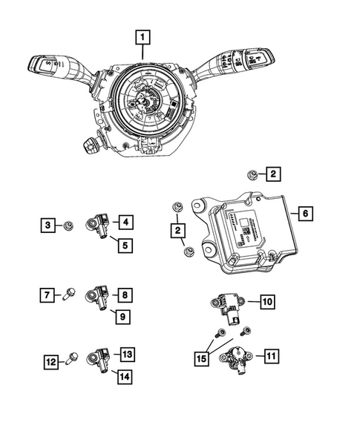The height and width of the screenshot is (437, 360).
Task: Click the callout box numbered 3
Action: (48, 223)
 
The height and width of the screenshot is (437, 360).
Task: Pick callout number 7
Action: (45, 296)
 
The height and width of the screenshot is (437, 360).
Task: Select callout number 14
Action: (125, 376)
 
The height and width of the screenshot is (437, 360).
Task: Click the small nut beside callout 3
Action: (68, 223)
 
